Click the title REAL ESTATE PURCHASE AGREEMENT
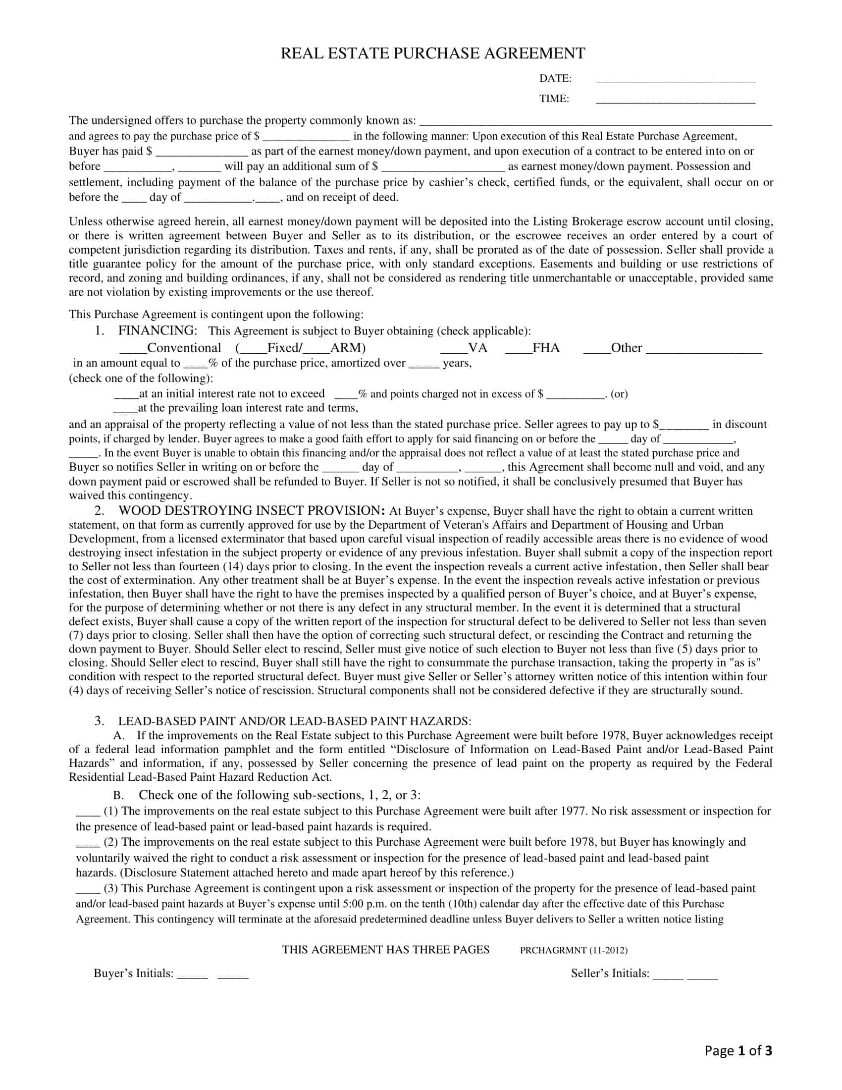pos(432,54)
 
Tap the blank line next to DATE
pos(676,80)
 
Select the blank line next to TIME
pos(676,100)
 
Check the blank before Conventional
pos(133,350)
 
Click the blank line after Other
pos(704,350)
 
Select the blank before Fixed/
pos(254,350)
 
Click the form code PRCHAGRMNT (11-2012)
pos(574,950)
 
